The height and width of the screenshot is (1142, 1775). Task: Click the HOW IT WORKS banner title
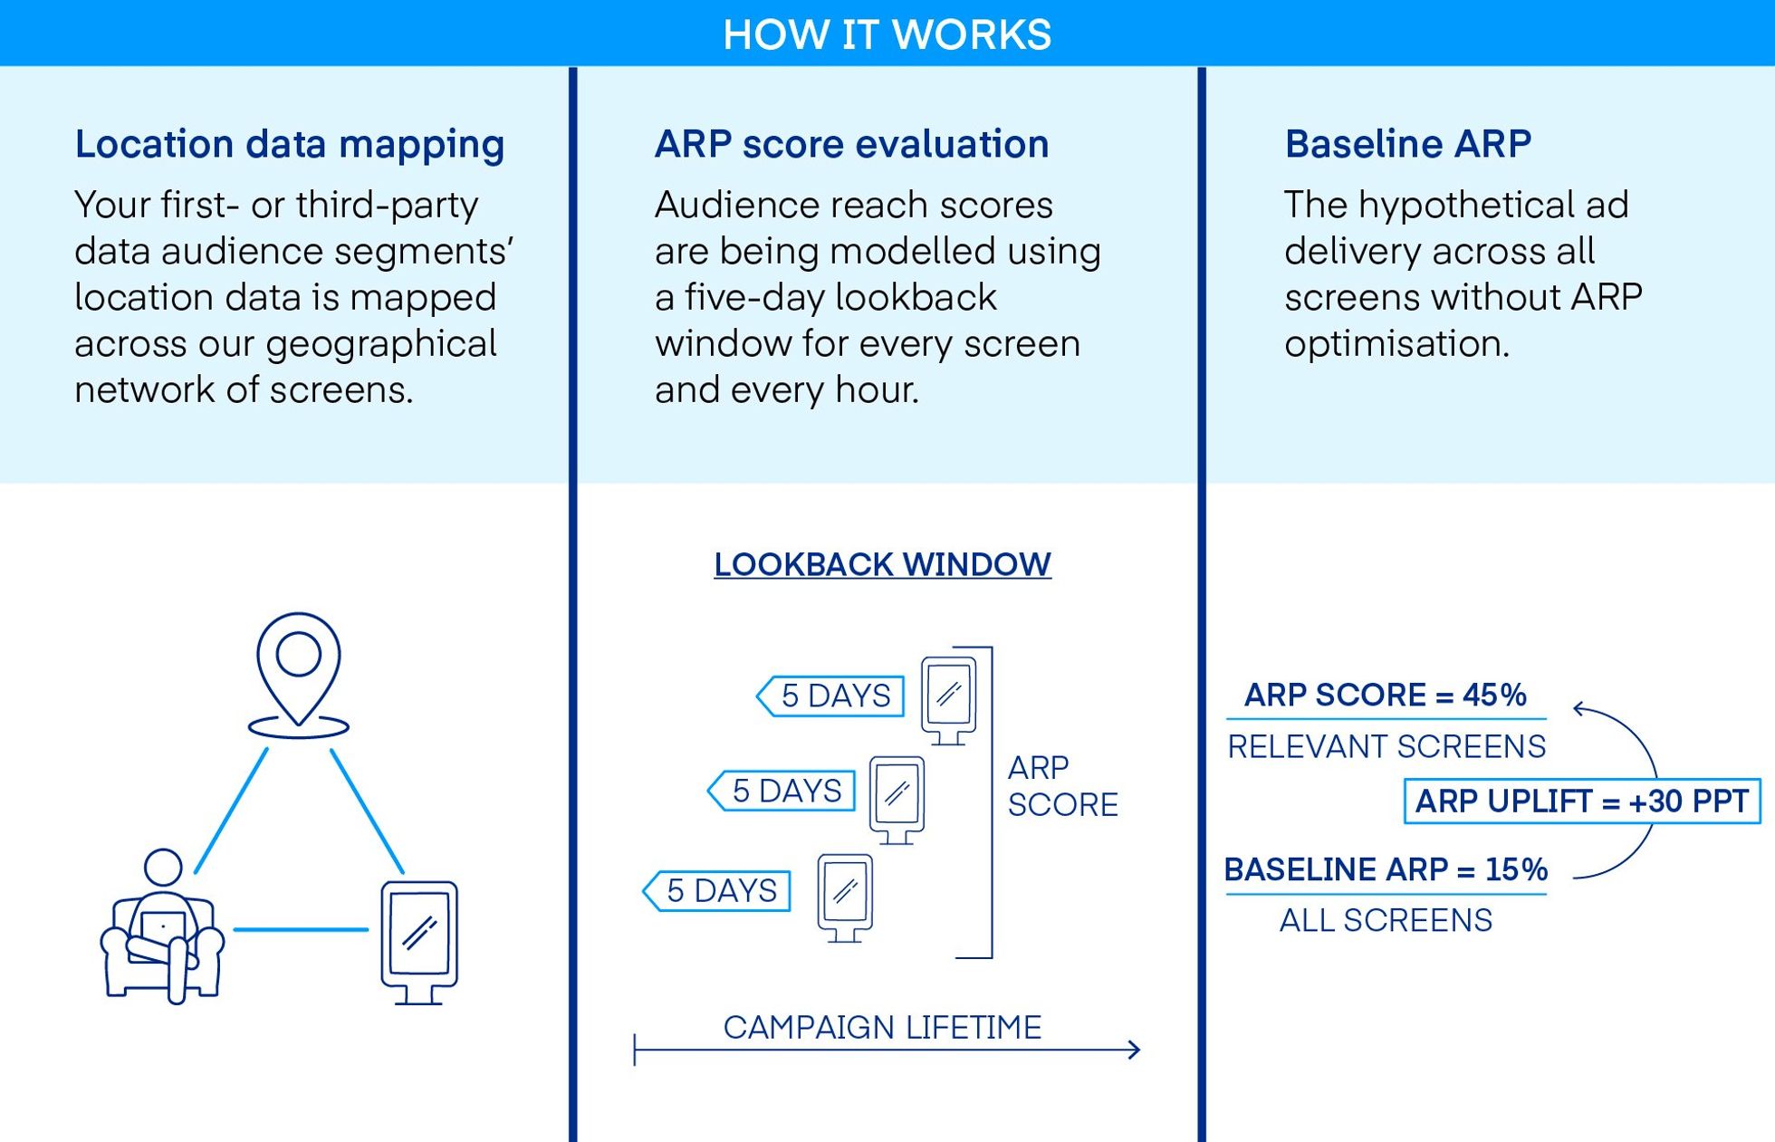(x=887, y=34)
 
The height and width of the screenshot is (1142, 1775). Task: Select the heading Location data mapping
(x=289, y=145)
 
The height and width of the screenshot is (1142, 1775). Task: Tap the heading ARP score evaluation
(x=851, y=145)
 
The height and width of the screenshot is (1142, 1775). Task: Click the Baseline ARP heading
(x=1407, y=144)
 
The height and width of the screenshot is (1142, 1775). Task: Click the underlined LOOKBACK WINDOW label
(x=882, y=564)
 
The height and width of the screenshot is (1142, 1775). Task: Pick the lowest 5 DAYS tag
(x=719, y=890)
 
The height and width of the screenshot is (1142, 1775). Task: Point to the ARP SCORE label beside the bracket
(x=1061, y=786)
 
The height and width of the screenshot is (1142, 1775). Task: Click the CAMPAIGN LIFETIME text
(x=882, y=1027)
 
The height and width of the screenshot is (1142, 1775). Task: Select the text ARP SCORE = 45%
(x=1385, y=695)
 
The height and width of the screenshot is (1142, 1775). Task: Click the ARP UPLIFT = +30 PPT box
(x=1581, y=801)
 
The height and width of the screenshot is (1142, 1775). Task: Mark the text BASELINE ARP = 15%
(x=1385, y=869)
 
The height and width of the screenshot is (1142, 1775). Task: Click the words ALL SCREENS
(x=1385, y=920)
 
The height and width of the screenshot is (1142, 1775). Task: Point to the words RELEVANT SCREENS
(x=1386, y=746)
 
